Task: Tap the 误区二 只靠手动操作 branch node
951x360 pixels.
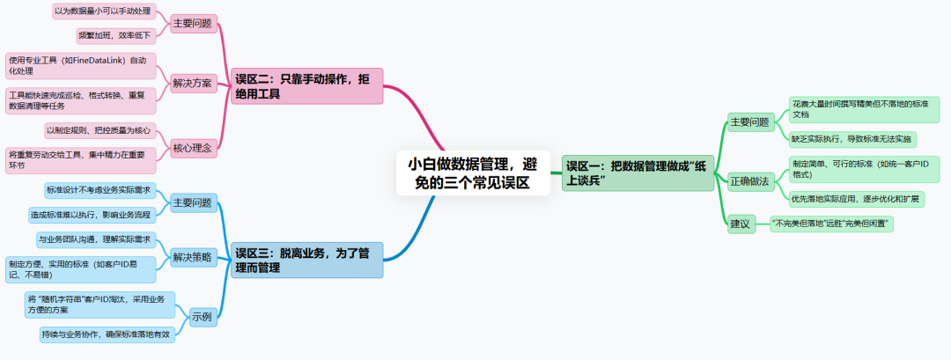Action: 307,85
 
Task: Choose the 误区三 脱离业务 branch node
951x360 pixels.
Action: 307,260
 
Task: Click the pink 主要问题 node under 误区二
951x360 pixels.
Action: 192,24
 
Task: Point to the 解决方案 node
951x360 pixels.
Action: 192,84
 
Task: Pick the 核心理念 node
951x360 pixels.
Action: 192,148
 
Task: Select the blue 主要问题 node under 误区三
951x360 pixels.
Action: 192,202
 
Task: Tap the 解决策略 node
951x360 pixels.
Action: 192,258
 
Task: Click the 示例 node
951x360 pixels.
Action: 202,314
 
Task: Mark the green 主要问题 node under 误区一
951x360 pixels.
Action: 749,122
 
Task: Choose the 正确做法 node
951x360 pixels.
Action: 749,181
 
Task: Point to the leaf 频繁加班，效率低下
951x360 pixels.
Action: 115,36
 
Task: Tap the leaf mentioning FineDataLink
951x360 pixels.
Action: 80,66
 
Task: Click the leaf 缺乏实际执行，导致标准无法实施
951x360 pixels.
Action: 852,139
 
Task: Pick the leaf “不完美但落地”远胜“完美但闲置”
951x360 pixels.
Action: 831,224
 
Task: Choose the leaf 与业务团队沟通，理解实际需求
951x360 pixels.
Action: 95,239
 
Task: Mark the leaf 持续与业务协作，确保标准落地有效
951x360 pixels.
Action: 106,334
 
